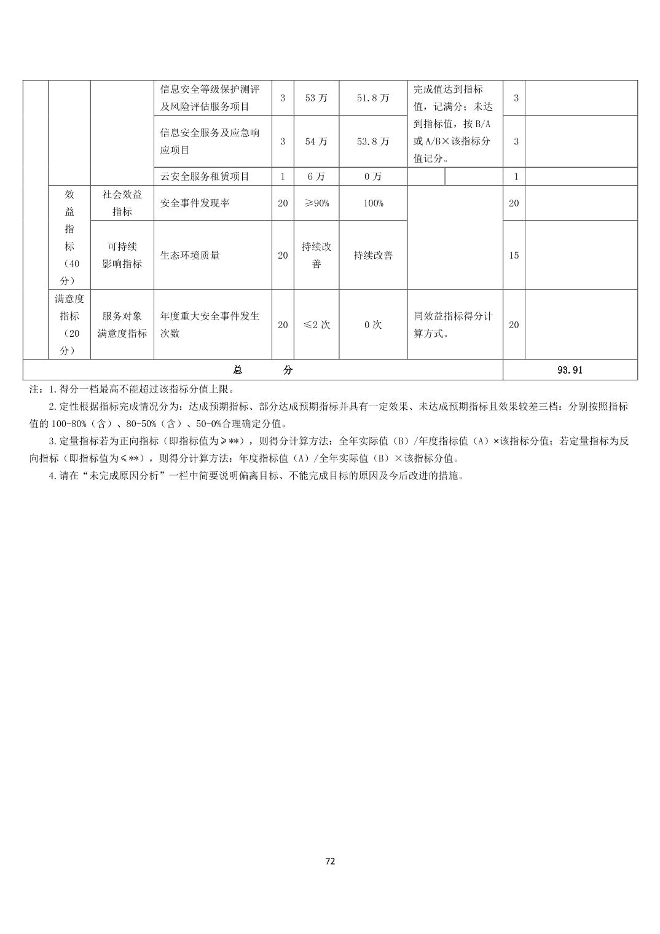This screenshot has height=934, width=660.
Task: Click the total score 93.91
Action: (570, 370)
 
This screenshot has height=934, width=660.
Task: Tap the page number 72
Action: (330, 861)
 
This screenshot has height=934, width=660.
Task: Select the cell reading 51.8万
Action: (373, 98)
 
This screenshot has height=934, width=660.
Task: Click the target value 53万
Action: (316, 98)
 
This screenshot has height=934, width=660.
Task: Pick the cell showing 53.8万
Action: (373, 141)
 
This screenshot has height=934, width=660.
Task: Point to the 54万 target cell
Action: (316, 141)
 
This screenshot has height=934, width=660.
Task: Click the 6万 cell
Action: (316, 176)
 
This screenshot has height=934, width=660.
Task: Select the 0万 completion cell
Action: (373, 176)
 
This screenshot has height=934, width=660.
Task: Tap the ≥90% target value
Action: (316, 203)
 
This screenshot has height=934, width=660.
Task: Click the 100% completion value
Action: (373, 203)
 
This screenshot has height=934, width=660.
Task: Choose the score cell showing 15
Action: (514, 255)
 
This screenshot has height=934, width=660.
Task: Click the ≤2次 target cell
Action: (316, 324)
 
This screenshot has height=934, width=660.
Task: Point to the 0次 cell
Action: (373, 324)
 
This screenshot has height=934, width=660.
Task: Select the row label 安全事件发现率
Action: (195, 203)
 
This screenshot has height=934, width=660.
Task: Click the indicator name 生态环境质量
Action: (190, 255)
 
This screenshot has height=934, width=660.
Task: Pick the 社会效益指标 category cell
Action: (122, 203)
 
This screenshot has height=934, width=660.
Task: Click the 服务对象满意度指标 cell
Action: (122, 324)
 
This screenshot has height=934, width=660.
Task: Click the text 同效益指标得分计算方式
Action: (453, 325)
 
